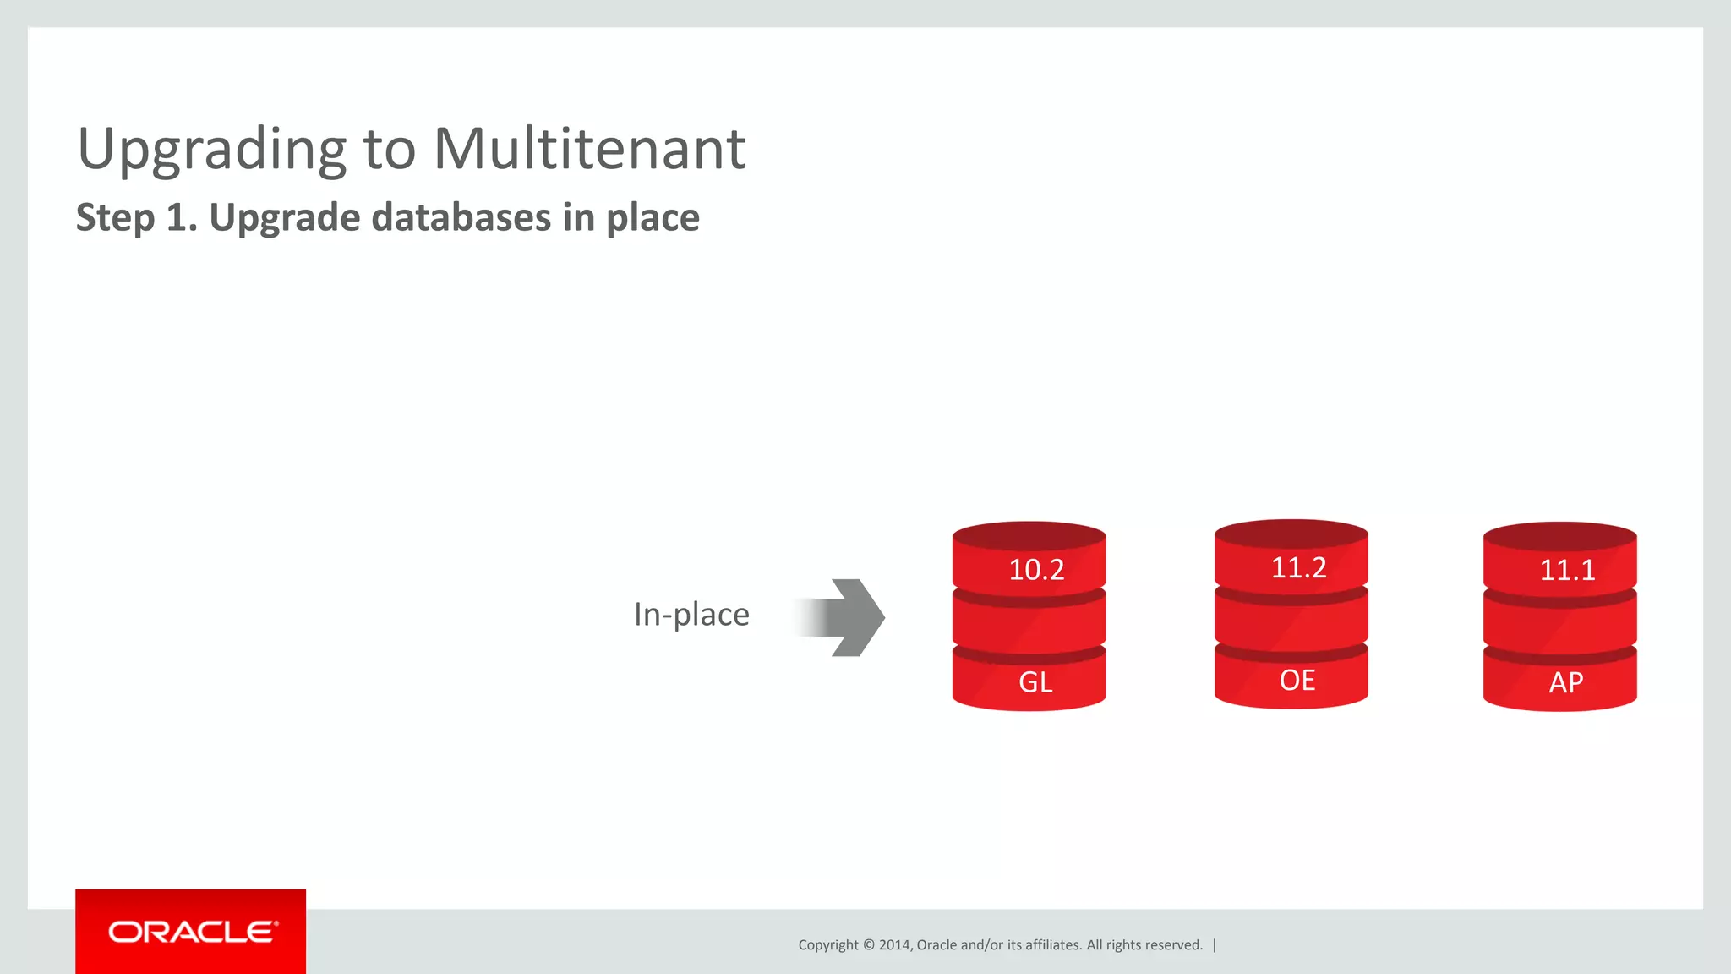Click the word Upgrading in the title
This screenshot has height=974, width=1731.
click(x=211, y=150)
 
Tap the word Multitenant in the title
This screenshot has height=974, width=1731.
click(x=589, y=150)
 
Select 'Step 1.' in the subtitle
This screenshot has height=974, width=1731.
click(x=136, y=217)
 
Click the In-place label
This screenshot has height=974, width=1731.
click(x=691, y=615)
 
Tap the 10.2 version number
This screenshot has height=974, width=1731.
click(x=1036, y=570)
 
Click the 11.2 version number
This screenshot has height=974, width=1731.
click(x=1298, y=567)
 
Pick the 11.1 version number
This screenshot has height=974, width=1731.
click(x=1567, y=570)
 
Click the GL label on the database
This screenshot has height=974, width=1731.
click(x=1035, y=681)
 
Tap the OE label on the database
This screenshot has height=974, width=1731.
click(x=1297, y=680)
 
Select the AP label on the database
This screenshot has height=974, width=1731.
click(x=1565, y=682)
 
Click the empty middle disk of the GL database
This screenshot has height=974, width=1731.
click(x=1029, y=624)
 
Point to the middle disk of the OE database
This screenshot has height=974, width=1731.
click(x=1291, y=622)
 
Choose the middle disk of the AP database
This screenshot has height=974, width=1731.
click(x=1559, y=624)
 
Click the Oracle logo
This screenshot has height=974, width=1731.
click(x=191, y=932)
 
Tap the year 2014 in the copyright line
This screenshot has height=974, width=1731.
click(x=895, y=945)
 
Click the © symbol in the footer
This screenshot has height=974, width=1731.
click(x=868, y=945)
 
